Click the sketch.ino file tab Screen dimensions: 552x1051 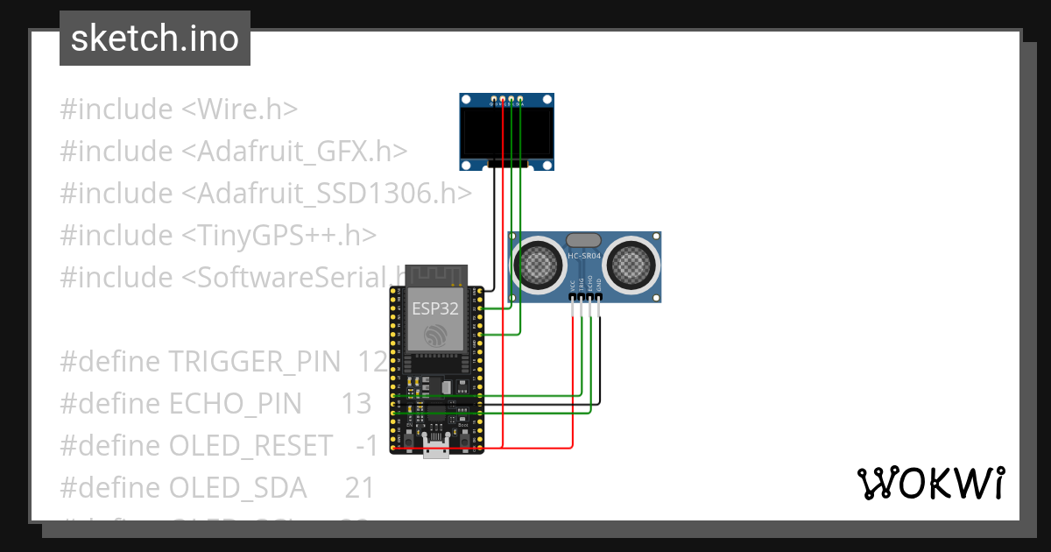pos(154,39)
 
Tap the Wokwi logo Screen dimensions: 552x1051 pos(929,483)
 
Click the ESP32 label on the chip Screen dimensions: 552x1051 pos(435,309)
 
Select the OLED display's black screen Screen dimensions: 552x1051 pos(507,132)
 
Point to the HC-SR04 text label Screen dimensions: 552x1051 pos(584,255)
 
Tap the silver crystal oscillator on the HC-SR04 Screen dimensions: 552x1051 pos(584,239)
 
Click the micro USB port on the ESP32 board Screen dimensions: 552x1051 pos(436,451)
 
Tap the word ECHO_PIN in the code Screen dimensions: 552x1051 pos(235,403)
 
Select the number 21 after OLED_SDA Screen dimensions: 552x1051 pos(359,487)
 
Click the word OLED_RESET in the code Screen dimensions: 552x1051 pos(250,445)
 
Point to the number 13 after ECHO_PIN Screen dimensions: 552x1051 pos(356,403)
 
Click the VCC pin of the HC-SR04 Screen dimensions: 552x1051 pos(573,298)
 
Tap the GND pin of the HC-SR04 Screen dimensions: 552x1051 pos(599,298)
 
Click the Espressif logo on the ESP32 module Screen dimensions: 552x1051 pos(435,336)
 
